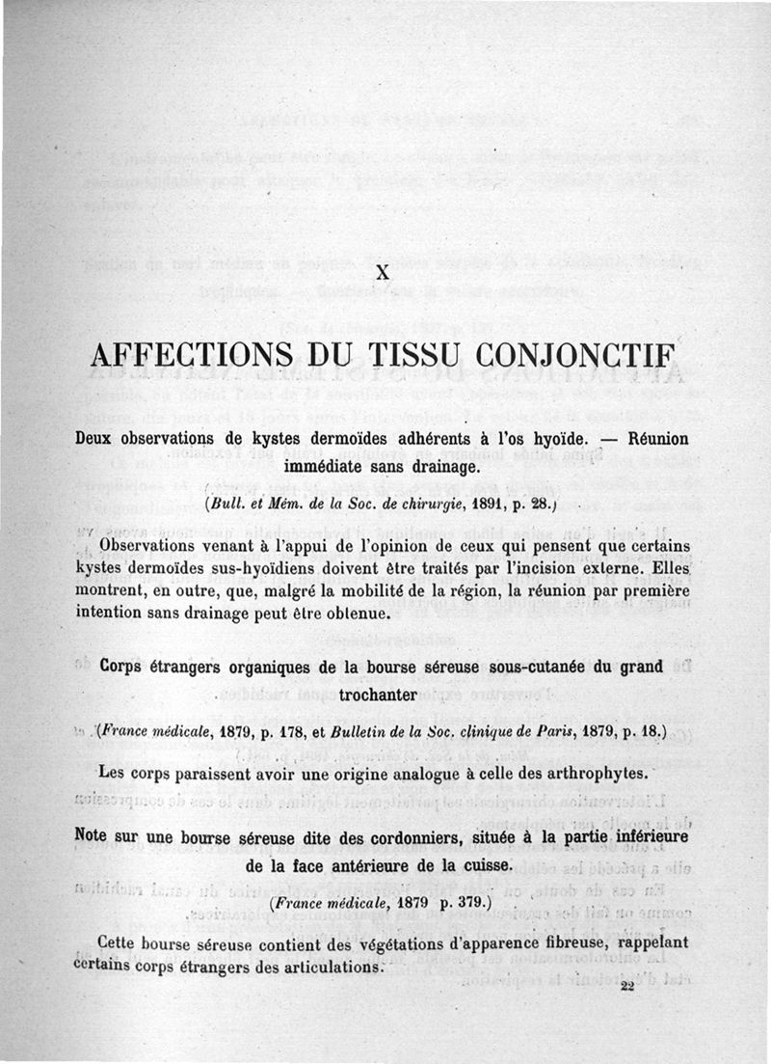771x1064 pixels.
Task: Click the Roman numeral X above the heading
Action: [384, 273]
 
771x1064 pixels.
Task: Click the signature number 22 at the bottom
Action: [628, 986]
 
